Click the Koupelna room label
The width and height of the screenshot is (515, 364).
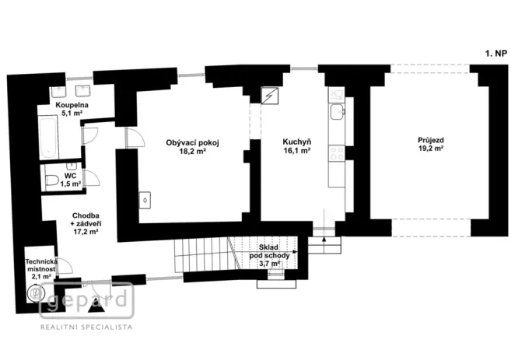point(71,104)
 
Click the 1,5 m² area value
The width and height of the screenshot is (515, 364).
point(71,184)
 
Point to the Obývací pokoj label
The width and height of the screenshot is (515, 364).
point(193,142)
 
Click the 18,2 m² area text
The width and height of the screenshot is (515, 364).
point(193,152)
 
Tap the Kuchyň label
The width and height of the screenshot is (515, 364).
point(296,142)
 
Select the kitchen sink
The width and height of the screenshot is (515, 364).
point(337,114)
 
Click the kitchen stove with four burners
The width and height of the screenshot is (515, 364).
point(337,153)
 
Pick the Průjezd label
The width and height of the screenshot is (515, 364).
point(429,140)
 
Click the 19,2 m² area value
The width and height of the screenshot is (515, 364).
point(429,149)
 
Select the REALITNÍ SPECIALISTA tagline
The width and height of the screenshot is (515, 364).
point(86,328)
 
